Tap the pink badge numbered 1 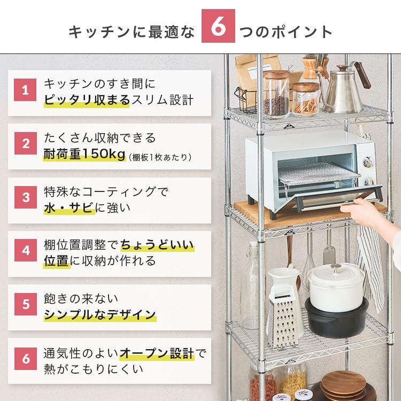[x=25, y=90]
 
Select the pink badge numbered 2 [x=25, y=144]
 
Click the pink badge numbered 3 [x=25, y=197]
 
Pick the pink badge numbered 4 [x=25, y=251]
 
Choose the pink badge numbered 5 [x=25, y=304]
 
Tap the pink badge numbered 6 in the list [x=25, y=358]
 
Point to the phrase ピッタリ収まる [x=86, y=100]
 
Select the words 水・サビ [x=69, y=207]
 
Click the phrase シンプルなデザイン [x=100, y=314]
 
